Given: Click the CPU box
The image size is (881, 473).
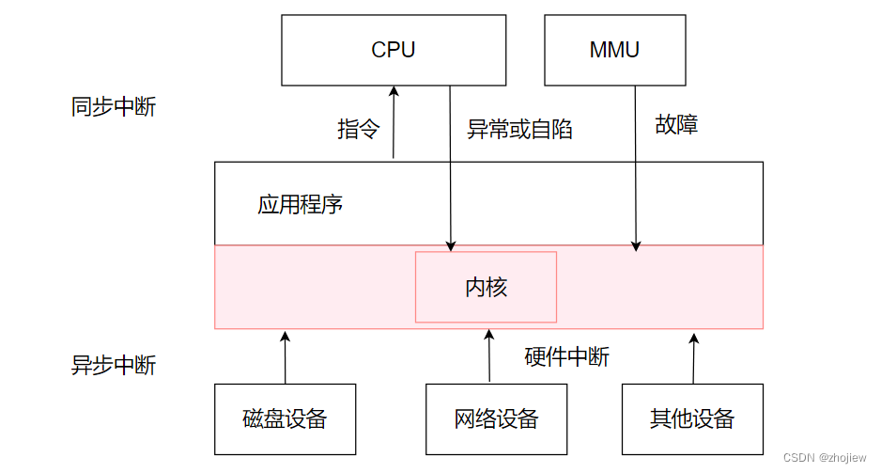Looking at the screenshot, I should coord(394,50).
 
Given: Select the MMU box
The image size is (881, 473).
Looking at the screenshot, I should coord(614,50).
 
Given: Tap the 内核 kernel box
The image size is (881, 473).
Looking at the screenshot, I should coord(486,287).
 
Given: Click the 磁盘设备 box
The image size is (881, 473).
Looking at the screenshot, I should coord(285,418).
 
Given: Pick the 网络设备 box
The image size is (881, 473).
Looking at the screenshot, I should coord(496,418).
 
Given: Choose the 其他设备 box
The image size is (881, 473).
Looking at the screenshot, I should coord(692,418).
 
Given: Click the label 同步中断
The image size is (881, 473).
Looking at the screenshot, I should coord(114,107).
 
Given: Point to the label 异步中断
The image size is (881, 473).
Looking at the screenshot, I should coord(114,365).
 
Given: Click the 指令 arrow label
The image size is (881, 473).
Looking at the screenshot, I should coord(358,130).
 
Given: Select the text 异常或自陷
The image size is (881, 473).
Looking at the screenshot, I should coord(519,130).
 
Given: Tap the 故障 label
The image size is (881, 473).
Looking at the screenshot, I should coord(676,124).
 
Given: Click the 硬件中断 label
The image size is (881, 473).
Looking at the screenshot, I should coord(566,356).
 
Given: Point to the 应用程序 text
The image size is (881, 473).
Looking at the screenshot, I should coord(300,204).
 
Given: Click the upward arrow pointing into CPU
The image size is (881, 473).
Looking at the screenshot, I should coord(394,122).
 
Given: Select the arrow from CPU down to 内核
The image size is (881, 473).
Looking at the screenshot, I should coord(451,169).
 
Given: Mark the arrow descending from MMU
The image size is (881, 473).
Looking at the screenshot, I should coord(636,169).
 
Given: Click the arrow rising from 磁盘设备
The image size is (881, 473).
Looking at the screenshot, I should coord(285,357).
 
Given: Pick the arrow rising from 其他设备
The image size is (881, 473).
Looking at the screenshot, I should coord(693,357).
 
